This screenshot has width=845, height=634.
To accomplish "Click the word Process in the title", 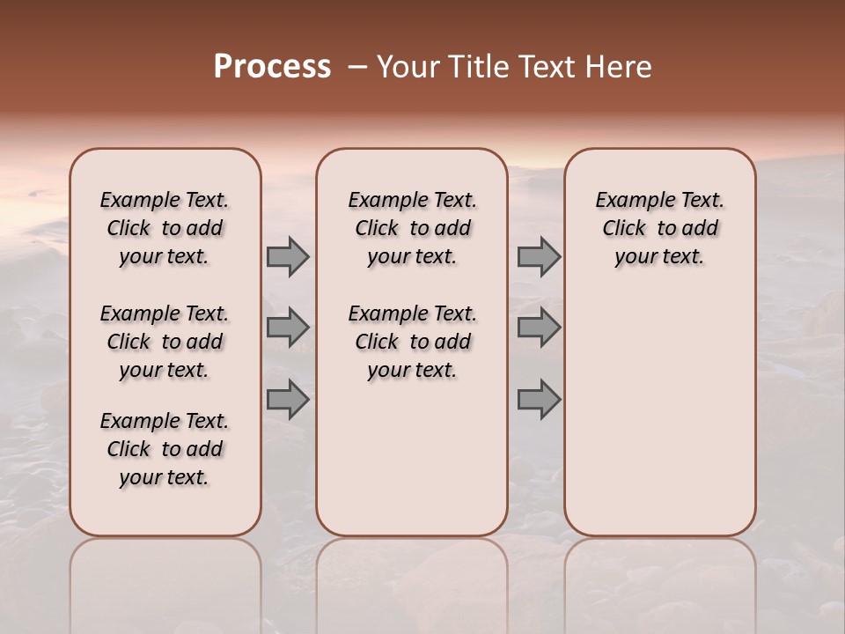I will click(272, 66).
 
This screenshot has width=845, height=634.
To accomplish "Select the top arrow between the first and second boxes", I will click(288, 256).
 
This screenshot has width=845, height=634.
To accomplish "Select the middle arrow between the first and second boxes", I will click(288, 328).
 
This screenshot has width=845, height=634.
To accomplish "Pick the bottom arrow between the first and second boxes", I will click(288, 399).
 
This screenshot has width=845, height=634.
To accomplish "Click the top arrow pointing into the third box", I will click(539, 256).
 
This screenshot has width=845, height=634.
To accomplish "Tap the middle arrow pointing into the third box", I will click(539, 328).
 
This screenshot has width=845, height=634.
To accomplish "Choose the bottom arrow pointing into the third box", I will click(539, 399).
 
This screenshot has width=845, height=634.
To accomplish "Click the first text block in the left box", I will click(165, 228).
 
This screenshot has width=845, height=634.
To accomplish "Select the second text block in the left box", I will click(165, 342).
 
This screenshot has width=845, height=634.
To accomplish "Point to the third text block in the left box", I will click(165, 449).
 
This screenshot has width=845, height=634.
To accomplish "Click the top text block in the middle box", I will click(412, 228).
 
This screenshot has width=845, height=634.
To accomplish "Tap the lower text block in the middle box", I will click(412, 342).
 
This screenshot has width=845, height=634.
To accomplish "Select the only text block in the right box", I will click(659, 228).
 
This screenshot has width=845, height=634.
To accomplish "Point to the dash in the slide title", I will click(356, 67).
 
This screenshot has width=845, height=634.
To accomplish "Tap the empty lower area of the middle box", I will click(412, 458).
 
